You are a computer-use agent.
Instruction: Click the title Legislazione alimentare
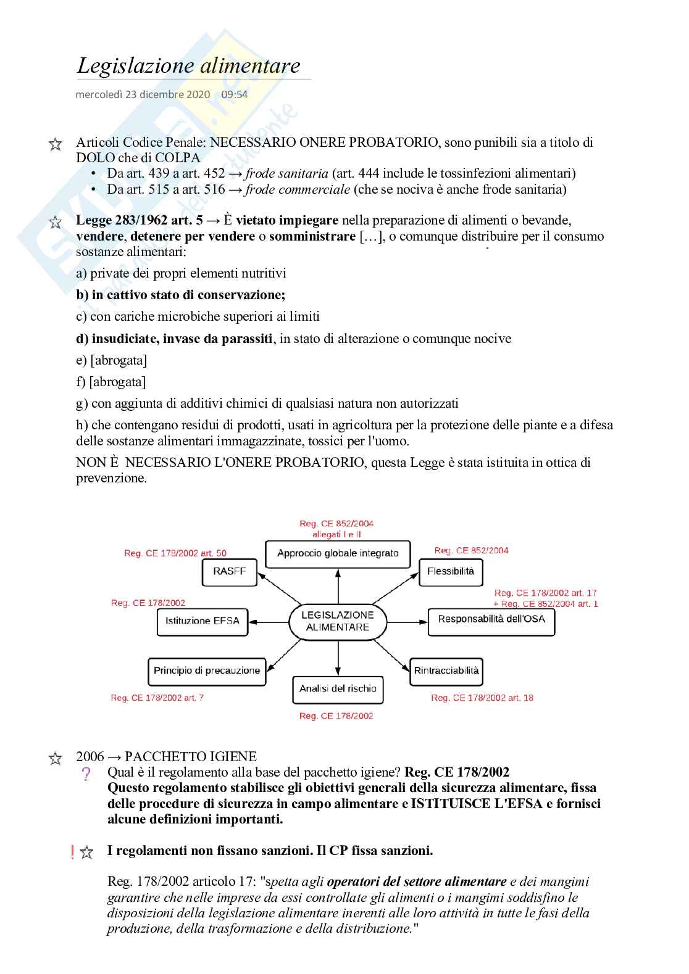coord(188,65)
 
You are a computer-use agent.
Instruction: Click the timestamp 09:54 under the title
coord(234,94)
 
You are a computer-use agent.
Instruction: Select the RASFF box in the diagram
coord(229,572)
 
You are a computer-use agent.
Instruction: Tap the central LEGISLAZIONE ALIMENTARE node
coord(338,621)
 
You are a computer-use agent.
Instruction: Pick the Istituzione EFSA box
coord(202,621)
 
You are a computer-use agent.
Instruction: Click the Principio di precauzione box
coord(207,671)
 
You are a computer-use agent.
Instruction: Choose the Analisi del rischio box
coord(338,689)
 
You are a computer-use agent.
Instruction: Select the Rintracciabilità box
coord(446,671)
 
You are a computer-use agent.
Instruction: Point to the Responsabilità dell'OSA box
coord(491,620)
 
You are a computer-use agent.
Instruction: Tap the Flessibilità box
coord(451,572)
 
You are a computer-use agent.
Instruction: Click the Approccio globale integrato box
coord(338,553)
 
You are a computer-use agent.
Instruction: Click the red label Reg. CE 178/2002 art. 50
coord(175,553)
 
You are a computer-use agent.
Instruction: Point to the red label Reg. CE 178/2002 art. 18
coord(482,698)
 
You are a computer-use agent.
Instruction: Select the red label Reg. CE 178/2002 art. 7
coord(157,698)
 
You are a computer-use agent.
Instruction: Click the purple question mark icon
coord(86,774)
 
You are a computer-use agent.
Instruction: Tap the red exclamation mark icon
coord(73,852)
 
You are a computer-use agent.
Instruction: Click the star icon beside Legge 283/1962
coord(55,222)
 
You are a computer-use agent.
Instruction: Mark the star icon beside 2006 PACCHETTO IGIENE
coord(55,759)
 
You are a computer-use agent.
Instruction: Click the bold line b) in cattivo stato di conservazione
coord(181,295)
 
